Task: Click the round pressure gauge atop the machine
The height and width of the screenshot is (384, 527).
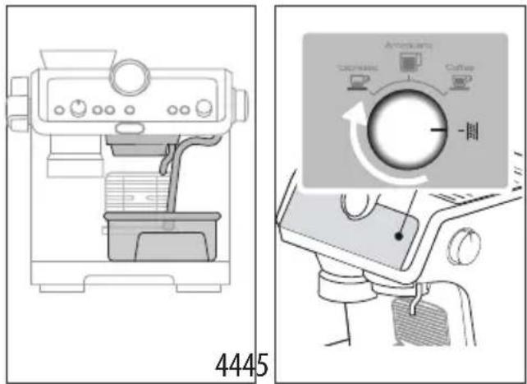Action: pyautogui.click(x=131, y=76)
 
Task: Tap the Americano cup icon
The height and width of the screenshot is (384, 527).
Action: pyautogui.click(x=405, y=60)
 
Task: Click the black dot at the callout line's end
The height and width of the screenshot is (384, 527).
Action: pyautogui.click(x=396, y=236)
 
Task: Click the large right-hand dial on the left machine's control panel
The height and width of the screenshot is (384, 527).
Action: pyautogui.click(x=203, y=108)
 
